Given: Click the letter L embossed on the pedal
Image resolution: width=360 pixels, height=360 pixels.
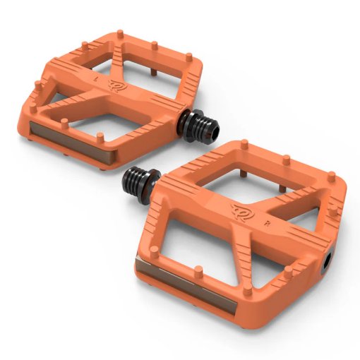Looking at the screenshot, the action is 95,78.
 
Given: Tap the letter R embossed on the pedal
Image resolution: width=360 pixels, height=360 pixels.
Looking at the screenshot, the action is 267,223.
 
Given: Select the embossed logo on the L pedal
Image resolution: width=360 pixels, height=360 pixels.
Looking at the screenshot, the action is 115,85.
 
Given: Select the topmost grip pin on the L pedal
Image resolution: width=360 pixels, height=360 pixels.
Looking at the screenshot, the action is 120,33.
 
